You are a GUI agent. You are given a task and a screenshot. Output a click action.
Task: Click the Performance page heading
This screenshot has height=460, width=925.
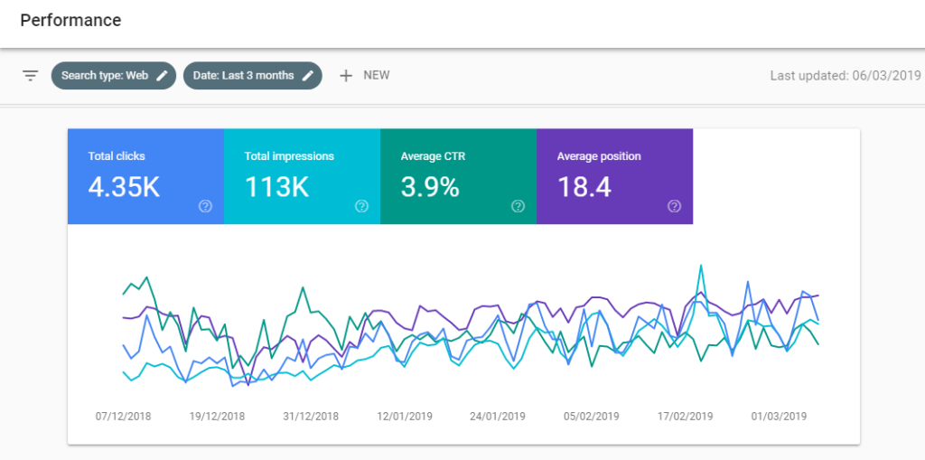70,20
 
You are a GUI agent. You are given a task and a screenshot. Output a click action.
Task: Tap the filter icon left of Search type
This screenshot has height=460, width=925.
31,76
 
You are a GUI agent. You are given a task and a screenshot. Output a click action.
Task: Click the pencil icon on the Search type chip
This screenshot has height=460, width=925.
162,76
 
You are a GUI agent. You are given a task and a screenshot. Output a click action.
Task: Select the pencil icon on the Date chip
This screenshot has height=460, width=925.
308,76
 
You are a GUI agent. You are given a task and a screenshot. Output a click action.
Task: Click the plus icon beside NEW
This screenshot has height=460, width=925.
345,76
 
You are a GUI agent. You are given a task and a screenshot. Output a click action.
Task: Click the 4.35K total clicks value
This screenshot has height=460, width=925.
124,187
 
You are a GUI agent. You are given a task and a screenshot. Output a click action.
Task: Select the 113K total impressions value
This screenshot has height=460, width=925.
276,187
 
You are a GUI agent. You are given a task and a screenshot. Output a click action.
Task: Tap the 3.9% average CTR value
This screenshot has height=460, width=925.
430,187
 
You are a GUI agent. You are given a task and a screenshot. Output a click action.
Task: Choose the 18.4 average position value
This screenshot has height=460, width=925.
584,187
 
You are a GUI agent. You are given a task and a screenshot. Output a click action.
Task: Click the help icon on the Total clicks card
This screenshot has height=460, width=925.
205,206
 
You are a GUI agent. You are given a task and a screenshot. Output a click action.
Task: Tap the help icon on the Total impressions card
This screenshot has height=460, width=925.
361,206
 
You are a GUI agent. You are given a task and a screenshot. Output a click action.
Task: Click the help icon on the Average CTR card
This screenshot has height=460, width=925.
518,206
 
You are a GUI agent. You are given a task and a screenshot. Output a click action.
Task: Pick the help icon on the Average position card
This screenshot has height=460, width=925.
674,206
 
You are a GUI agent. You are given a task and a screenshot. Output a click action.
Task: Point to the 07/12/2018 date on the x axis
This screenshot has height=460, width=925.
124,417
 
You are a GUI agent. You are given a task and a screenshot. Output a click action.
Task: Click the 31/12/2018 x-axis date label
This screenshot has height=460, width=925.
311,417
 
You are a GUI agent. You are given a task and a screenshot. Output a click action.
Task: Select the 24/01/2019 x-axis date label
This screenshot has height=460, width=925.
498,417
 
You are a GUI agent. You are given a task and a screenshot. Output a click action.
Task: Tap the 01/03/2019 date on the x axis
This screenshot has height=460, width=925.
779,417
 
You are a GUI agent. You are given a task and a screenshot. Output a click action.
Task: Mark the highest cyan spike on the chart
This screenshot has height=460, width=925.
700,266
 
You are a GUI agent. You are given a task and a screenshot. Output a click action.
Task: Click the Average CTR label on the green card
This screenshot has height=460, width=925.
434,156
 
